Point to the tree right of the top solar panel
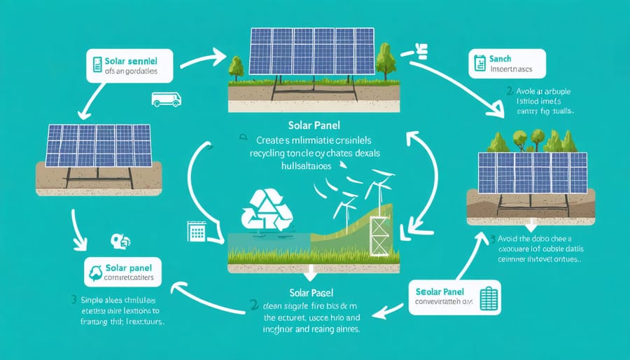[384, 60]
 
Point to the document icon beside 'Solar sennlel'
[97, 66]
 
